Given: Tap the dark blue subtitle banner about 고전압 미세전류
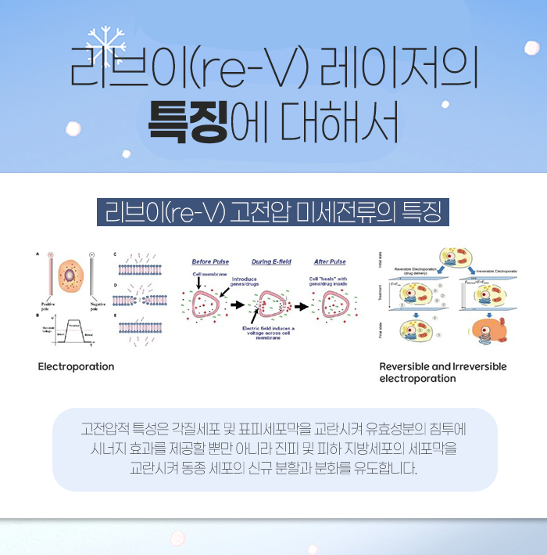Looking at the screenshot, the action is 273,211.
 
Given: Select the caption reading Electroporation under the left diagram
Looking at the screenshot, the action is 76,366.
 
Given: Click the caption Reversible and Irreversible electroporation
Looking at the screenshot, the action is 442,372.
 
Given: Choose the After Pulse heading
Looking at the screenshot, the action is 330,261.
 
